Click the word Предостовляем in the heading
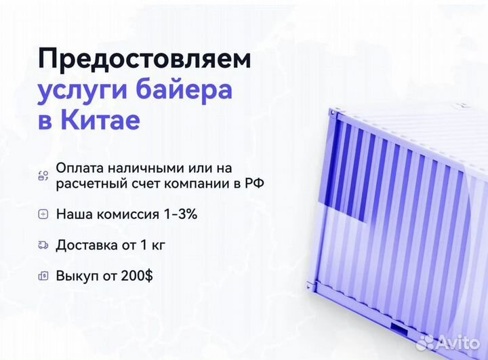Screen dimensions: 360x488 [x=144, y=59]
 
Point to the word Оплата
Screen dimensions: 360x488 [x=79, y=167]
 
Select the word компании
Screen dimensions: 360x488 [x=205, y=183]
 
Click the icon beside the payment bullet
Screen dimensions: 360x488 [x=43, y=176]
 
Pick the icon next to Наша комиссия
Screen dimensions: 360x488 [x=43, y=214]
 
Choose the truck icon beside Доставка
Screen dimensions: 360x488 [x=43, y=245]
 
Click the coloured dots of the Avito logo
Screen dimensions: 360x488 [x=425, y=342]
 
